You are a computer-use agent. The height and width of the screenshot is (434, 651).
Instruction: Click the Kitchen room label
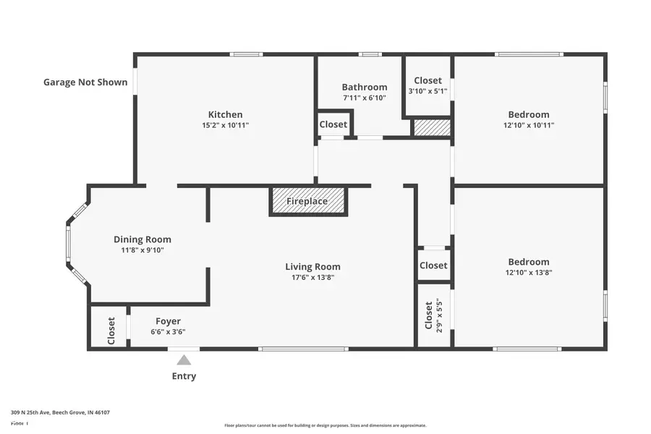point(225,114)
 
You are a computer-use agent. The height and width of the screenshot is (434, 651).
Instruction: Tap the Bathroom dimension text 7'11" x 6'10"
point(365,98)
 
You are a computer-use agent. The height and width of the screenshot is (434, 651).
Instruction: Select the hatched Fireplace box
point(308,201)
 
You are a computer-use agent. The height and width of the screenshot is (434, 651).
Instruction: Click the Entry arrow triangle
point(184,359)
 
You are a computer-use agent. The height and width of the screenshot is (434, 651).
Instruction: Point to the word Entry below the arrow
point(184,376)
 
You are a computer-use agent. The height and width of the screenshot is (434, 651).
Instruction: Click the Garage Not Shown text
point(85,82)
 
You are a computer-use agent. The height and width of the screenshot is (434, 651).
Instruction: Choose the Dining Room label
point(142,239)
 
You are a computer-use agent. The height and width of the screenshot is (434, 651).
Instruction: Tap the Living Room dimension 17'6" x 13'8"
point(312,277)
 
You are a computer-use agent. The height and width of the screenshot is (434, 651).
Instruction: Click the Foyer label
point(168,321)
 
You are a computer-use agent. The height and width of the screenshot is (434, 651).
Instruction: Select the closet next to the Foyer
point(111,331)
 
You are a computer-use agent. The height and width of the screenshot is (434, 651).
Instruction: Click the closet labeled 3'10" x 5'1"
point(427,86)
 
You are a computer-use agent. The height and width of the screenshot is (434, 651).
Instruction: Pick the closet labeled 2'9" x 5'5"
point(434,315)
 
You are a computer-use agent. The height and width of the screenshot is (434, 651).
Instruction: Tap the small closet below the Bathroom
point(333,124)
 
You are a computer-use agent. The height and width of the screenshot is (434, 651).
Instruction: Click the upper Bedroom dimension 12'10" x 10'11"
point(528,125)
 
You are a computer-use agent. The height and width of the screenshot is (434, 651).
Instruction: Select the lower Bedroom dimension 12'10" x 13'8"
point(528,273)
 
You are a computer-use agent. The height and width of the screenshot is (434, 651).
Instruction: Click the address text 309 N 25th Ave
point(60,412)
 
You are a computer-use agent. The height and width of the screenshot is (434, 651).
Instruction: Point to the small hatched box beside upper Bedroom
point(432,128)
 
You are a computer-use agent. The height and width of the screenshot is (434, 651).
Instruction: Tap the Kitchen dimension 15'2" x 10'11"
point(225,125)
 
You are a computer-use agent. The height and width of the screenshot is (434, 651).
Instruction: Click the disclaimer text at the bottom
point(325,425)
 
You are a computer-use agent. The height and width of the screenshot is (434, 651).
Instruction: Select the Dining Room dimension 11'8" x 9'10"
point(142,250)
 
